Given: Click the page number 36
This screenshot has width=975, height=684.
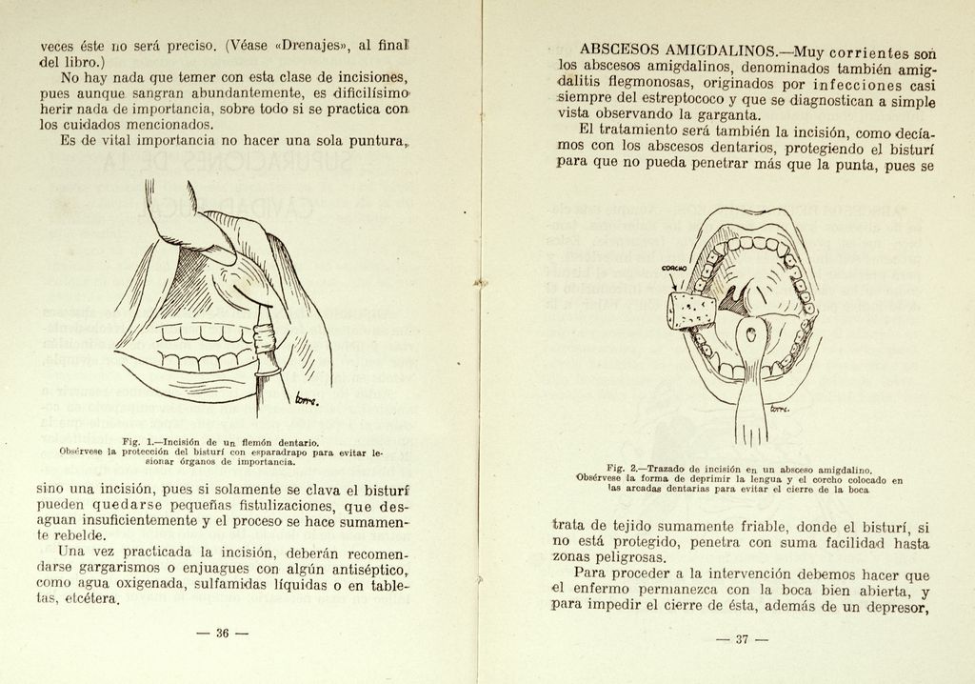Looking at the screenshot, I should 222,634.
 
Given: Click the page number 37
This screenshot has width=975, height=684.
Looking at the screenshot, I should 743,639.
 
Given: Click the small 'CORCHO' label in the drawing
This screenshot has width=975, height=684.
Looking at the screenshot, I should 674,270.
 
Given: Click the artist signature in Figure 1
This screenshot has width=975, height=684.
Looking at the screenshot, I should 306,399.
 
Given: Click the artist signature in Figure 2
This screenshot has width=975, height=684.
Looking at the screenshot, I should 780,409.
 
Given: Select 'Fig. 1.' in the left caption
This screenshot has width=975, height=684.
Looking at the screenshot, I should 142,441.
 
